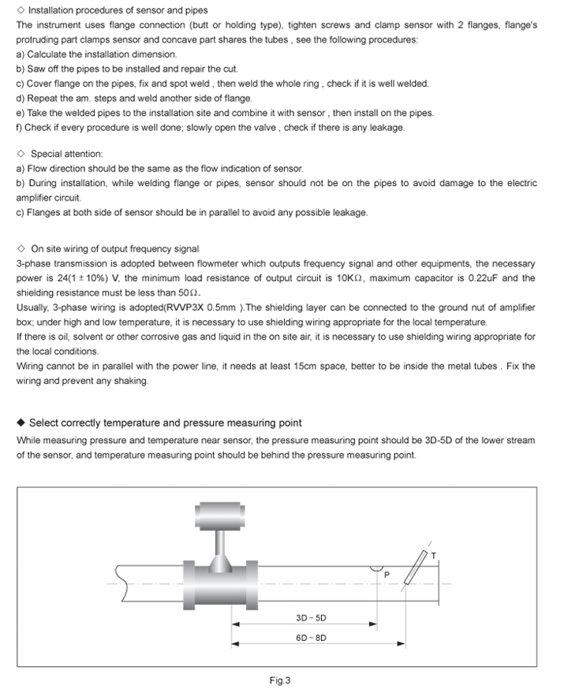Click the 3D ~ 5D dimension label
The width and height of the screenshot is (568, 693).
pyautogui.click(x=311, y=618)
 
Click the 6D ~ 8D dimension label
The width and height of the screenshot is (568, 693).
pyautogui.click(x=311, y=638)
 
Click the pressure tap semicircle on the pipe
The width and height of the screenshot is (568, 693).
pyautogui.click(x=378, y=568)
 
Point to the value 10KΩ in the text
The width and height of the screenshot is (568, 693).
pyautogui.click(x=349, y=278)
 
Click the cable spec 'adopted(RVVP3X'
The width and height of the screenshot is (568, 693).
pyautogui.click(x=130, y=307)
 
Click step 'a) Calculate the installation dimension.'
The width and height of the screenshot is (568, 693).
pyautogui.click(x=97, y=54)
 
